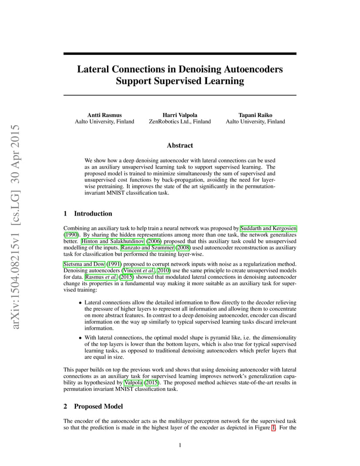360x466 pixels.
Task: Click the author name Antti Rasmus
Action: point(104,115)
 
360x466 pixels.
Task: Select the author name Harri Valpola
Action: point(180,115)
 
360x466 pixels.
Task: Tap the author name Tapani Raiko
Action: point(255,115)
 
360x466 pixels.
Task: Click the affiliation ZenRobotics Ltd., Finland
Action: point(180,122)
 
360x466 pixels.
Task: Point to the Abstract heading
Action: point(180,145)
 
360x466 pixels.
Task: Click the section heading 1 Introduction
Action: point(88,213)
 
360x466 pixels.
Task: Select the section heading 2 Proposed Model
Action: point(93,406)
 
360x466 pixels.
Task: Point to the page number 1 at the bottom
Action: point(180,445)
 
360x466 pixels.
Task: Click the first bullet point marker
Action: point(80,303)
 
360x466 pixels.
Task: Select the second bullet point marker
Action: point(80,337)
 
